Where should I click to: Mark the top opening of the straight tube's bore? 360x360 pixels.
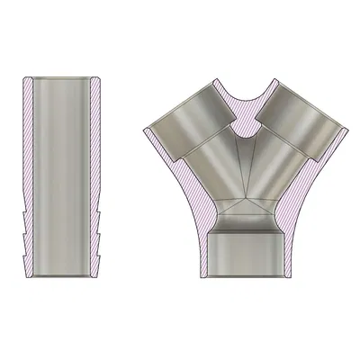pyautogui.click(x=64, y=81)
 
